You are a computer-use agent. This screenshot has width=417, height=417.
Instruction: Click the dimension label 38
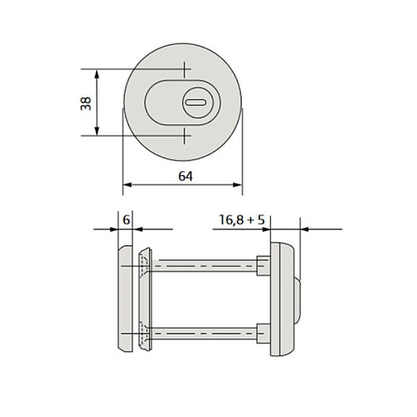tap(86, 103)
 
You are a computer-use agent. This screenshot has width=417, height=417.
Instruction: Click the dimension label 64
tap(185, 176)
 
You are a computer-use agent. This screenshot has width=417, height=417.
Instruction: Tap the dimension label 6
tap(126, 220)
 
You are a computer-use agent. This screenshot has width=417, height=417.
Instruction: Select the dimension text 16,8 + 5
tap(242, 219)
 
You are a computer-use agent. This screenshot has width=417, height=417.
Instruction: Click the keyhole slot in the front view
tap(196, 103)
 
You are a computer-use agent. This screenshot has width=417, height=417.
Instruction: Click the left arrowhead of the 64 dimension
tap(128, 185)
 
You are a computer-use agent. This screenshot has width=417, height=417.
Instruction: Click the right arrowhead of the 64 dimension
tap(238, 185)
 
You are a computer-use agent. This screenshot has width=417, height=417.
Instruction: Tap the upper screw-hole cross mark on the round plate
tap(183, 69)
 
